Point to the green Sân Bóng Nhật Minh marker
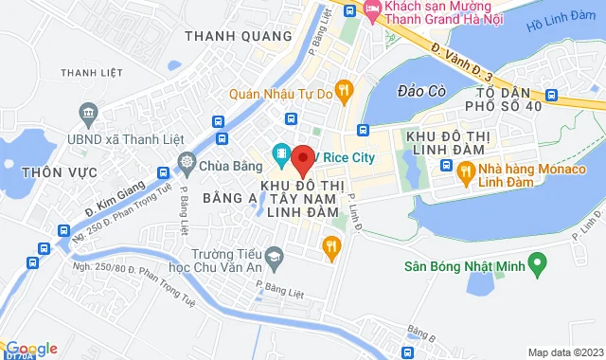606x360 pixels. pyautogui.click(x=538, y=260)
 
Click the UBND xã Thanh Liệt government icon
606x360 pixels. pyautogui.click(x=88, y=114)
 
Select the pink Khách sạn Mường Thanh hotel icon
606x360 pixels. pyautogui.click(x=372, y=11)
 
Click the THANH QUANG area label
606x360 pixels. pyautogui.click(x=226, y=37)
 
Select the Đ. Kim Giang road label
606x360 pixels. pyautogui.click(x=115, y=202)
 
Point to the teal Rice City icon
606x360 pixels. pyautogui.click(x=281, y=152)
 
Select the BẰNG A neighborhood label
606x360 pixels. pyautogui.click(x=228, y=197)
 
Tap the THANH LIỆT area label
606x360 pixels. pyautogui.click(x=92, y=72)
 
